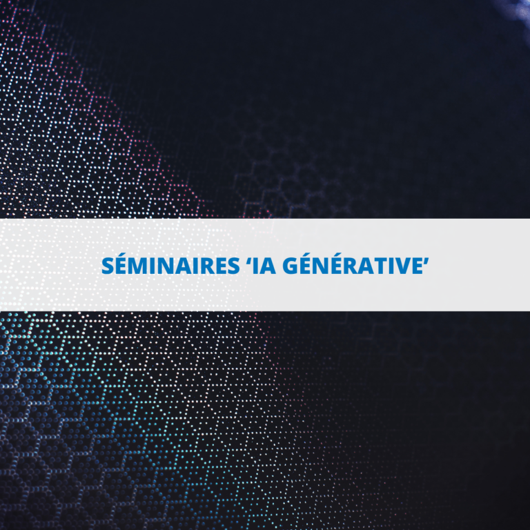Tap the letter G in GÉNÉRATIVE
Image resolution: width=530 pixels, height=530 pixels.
point(290,266)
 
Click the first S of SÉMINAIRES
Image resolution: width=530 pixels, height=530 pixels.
point(108,266)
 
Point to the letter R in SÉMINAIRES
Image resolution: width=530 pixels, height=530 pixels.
point(210,266)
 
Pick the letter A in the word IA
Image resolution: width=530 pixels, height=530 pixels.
point(268,266)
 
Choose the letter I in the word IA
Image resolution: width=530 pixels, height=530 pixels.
point(257,266)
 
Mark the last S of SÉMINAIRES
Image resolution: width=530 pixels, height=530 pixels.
point(234,266)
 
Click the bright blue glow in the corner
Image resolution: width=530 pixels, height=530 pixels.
point(516,8)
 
